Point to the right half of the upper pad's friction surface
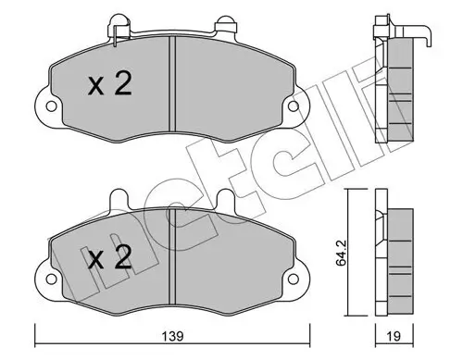pos(231,88)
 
